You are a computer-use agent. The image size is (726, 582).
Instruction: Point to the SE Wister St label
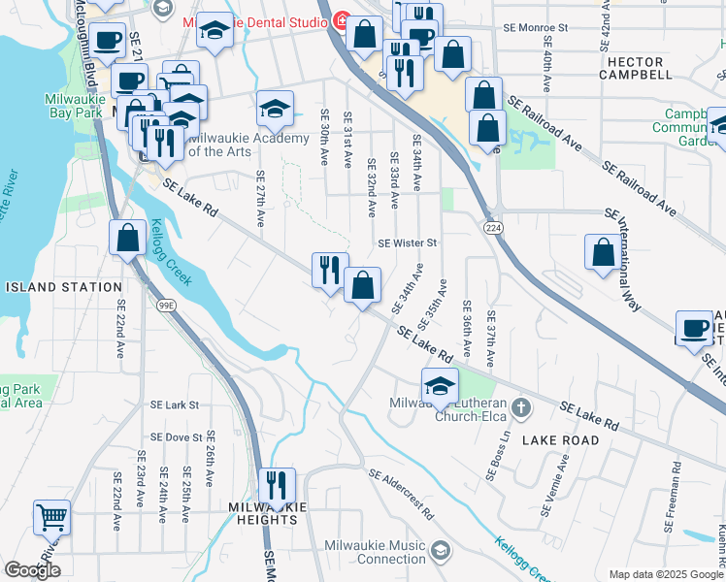tap(408, 242)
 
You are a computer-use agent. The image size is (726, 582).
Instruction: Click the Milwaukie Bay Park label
tap(74, 106)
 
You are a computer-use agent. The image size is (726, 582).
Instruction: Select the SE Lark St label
tap(174, 404)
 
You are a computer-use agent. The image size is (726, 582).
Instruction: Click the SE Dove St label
tap(176, 437)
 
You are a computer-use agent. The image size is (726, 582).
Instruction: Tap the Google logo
tap(33, 570)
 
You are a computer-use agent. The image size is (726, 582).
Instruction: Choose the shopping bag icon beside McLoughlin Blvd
tap(128, 237)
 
